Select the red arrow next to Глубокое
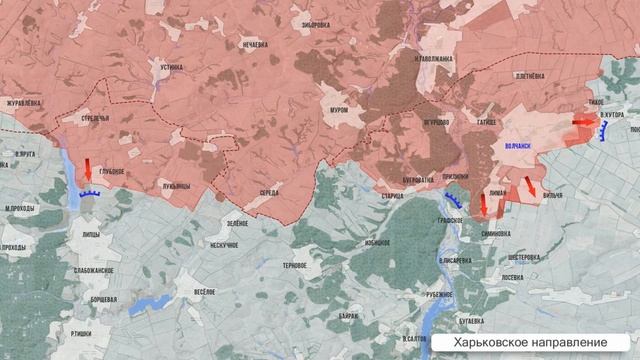(87, 166)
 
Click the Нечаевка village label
(257, 46)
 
